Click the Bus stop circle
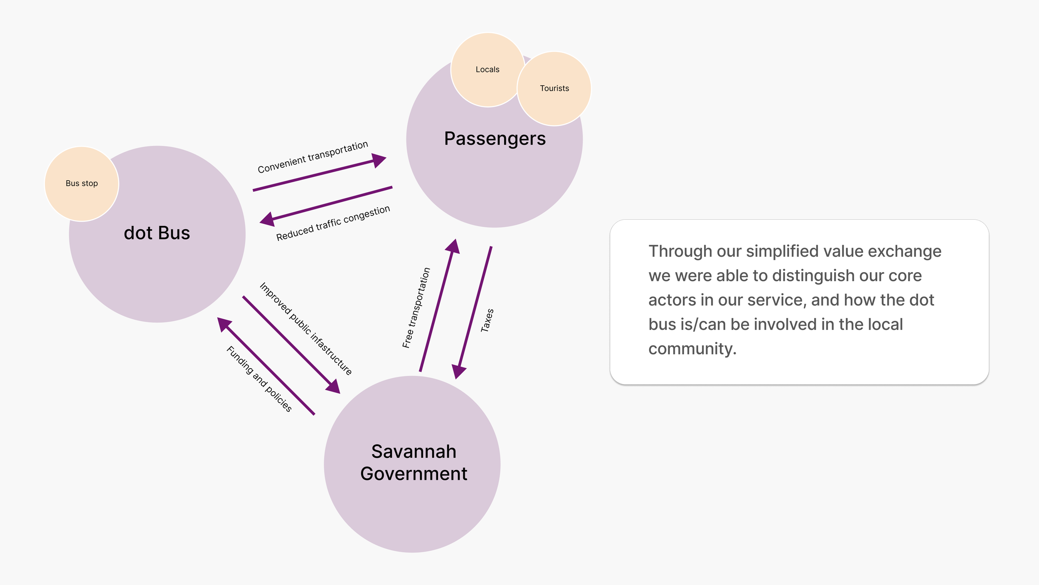click(x=81, y=183)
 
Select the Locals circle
click(x=487, y=69)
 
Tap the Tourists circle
click(x=554, y=88)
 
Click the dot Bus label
click(x=157, y=233)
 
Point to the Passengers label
click(x=495, y=139)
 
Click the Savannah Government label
click(x=414, y=462)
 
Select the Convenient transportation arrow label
click(x=313, y=157)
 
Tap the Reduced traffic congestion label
click(x=333, y=223)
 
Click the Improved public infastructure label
click(x=305, y=328)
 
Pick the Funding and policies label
click(x=259, y=379)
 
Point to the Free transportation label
click(x=416, y=307)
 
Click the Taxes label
click(x=487, y=320)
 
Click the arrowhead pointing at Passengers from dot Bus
click(x=379, y=160)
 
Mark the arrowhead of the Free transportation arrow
click(x=453, y=246)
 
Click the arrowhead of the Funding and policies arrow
click(x=224, y=324)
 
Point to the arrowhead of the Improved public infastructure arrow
click(x=333, y=387)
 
